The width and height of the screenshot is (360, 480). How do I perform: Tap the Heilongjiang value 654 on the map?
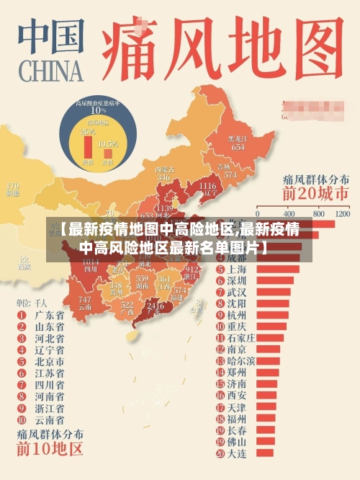click(237, 146)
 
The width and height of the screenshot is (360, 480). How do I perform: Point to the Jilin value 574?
click(230, 174)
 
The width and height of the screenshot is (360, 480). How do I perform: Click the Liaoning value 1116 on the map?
click(206, 187)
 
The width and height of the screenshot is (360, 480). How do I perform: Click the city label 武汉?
click(236, 292)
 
